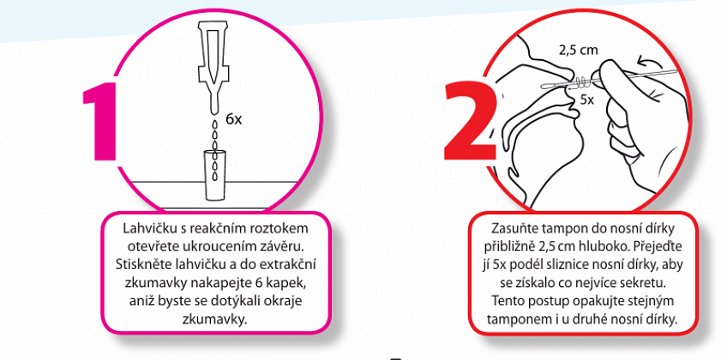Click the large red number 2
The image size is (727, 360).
[x=470, y=122]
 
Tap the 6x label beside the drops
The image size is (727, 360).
[x=234, y=119]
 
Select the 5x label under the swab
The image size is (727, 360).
[x=586, y=99]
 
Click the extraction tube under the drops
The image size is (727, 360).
[x=214, y=175]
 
